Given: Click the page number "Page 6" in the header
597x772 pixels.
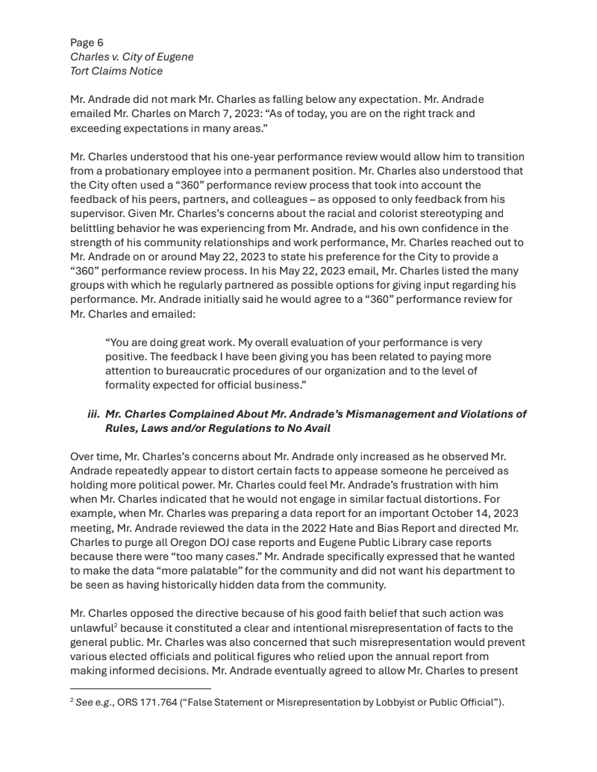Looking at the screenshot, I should (x=87, y=43).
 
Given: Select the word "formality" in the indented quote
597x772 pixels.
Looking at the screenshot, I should (x=128, y=385).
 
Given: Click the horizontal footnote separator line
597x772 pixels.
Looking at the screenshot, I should (x=140, y=689).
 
